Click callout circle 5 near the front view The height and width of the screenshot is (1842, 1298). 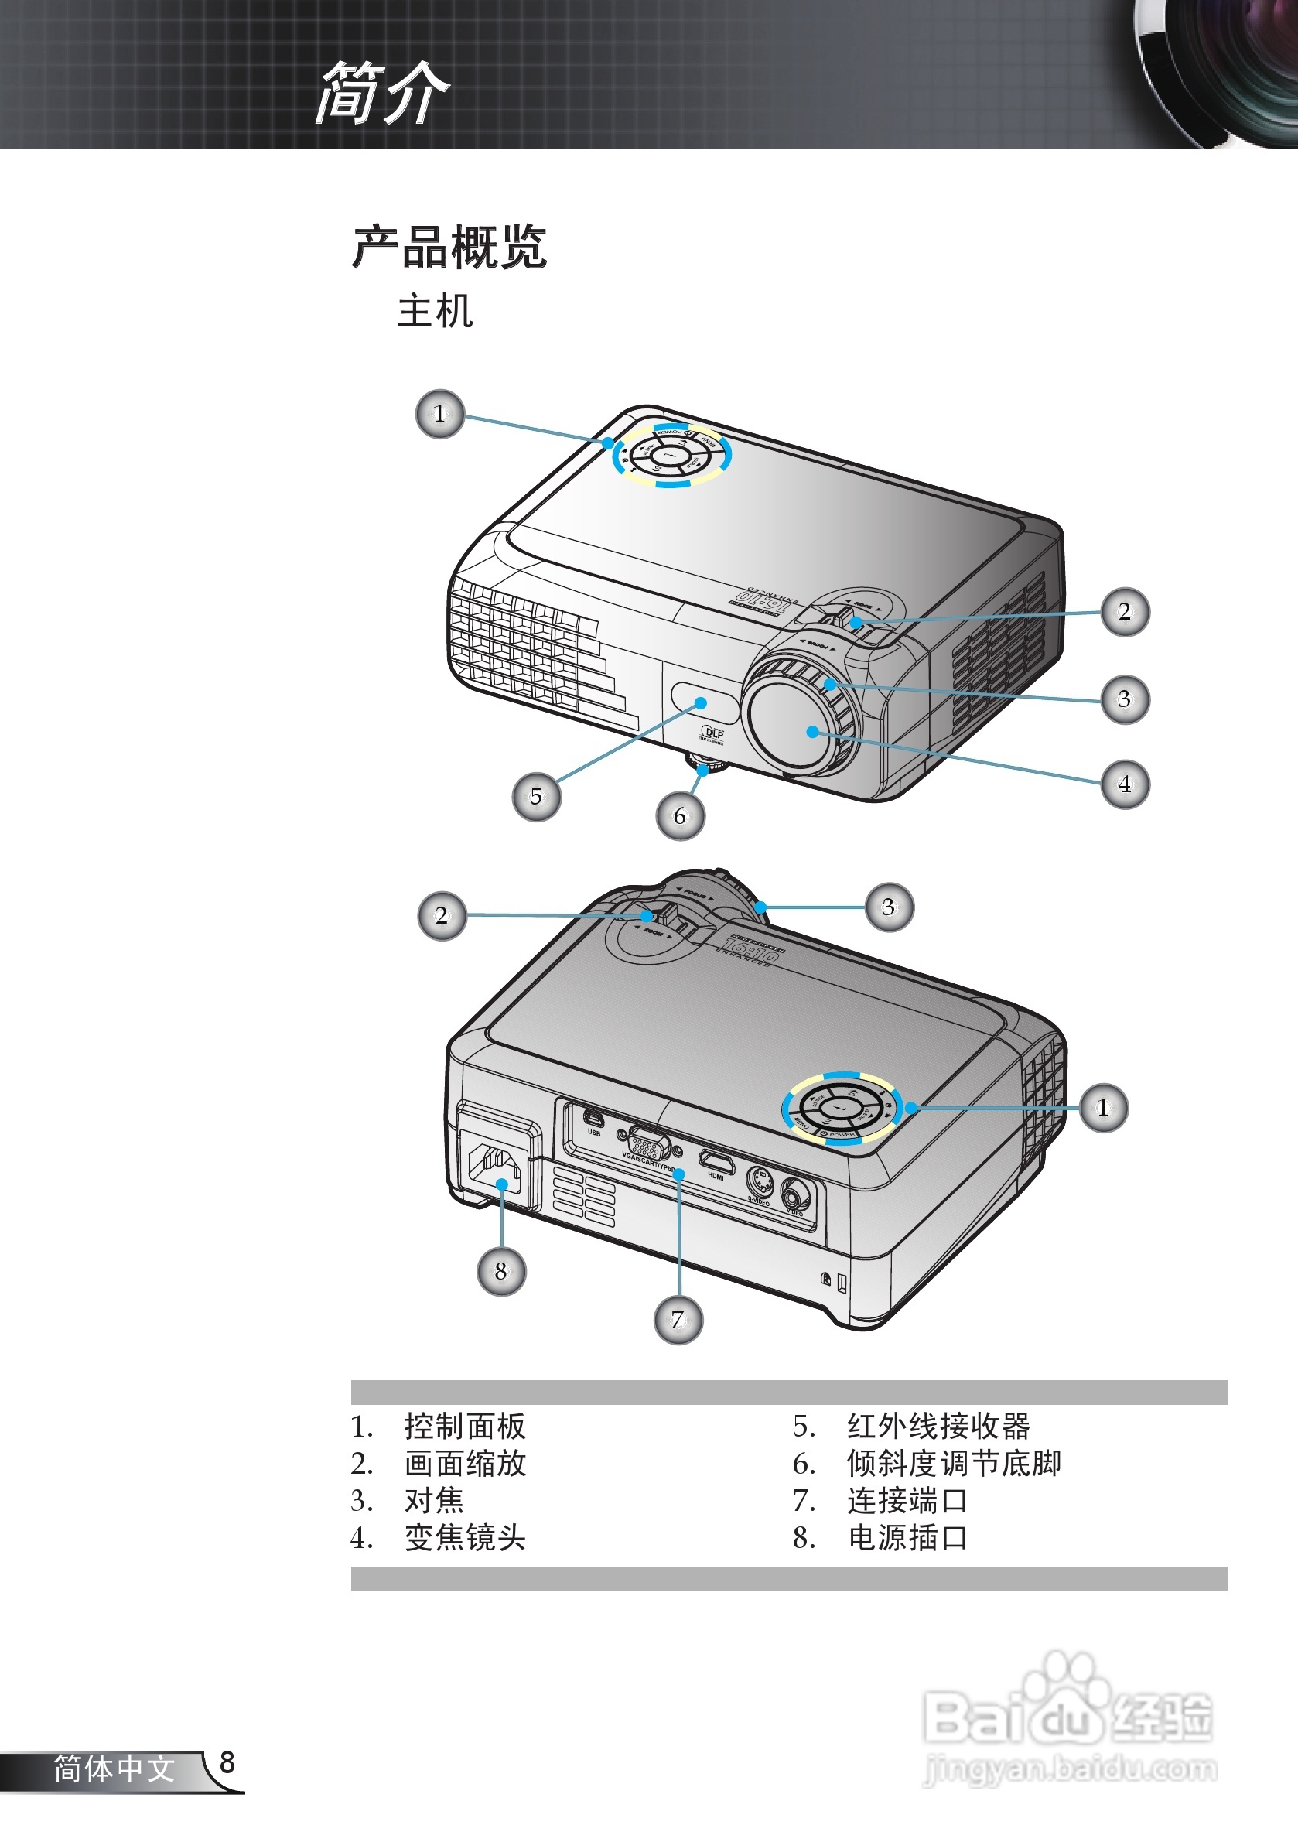click(536, 797)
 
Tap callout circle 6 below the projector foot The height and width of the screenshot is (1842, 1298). click(680, 816)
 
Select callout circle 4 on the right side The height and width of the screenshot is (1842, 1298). click(1125, 784)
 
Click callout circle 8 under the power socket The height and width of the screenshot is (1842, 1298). click(501, 1271)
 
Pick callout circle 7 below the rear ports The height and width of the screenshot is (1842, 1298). click(678, 1320)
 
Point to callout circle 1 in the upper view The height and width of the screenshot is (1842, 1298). click(439, 414)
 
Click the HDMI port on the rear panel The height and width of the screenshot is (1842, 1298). click(716, 1162)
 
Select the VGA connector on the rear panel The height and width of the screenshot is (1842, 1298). click(647, 1144)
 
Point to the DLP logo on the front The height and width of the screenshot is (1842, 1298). click(712, 733)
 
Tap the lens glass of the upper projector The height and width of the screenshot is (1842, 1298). click(794, 726)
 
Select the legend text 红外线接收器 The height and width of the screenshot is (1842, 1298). click(938, 1426)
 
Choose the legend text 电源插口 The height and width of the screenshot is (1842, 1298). click(907, 1537)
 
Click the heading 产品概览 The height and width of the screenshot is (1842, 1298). click(449, 247)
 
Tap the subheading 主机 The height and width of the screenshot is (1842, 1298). click(435, 311)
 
